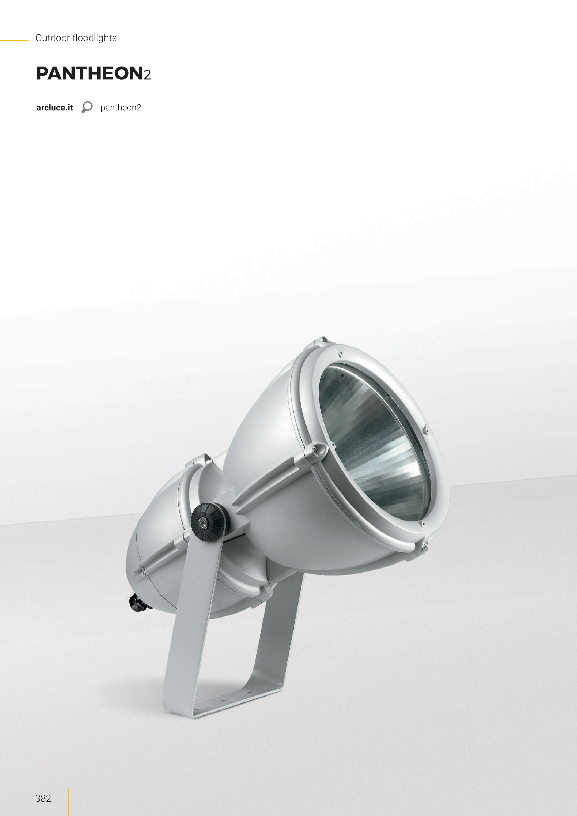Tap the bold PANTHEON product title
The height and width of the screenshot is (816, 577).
coord(90,73)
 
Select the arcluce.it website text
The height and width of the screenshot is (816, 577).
coord(54,108)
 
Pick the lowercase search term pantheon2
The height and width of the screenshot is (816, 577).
coord(121,108)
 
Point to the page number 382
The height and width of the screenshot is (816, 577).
coord(43,798)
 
